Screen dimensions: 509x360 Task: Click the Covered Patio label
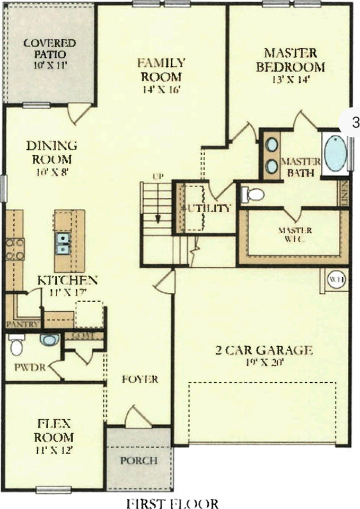(49, 48)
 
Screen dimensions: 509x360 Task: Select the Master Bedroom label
(290, 60)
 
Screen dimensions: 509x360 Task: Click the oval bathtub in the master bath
(335, 154)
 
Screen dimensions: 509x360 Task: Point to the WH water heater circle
(336, 279)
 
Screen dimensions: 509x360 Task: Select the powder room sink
(50, 340)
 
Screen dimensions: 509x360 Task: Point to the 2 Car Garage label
(264, 350)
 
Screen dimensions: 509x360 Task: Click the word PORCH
(139, 460)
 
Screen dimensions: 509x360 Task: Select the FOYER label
(140, 379)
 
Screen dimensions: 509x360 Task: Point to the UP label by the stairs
(157, 176)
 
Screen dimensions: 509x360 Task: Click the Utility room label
(207, 208)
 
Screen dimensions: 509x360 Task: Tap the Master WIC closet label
(295, 235)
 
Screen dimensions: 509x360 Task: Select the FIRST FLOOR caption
(172, 502)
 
